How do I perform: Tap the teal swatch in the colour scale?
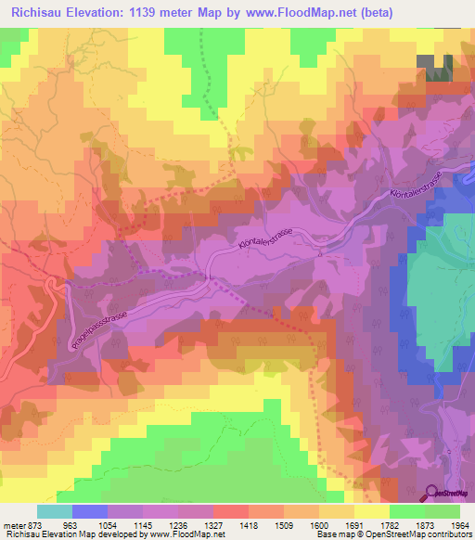[x=54, y=511]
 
